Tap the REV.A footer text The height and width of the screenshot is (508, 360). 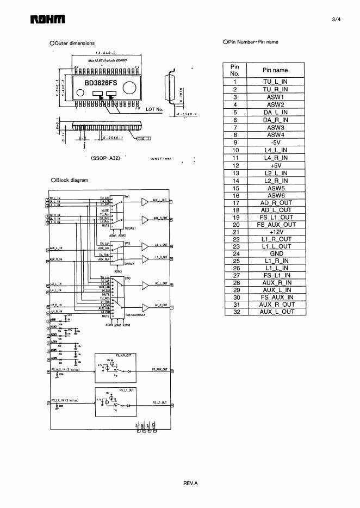click(x=190, y=482)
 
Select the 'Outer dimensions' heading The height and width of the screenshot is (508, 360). click(x=75, y=43)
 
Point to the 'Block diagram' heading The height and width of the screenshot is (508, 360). click(x=72, y=180)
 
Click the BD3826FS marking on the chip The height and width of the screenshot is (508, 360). click(x=101, y=83)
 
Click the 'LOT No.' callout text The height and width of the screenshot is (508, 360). click(x=154, y=109)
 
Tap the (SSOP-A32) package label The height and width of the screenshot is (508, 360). click(x=105, y=158)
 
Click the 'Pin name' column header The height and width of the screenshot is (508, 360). click(x=275, y=70)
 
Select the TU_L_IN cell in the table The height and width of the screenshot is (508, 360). click(x=275, y=82)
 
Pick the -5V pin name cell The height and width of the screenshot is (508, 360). click(x=275, y=143)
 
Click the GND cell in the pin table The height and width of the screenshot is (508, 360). click(x=275, y=253)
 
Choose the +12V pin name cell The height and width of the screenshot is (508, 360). click(x=275, y=231)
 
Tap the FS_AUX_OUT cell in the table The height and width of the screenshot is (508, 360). click(x=275, y=224)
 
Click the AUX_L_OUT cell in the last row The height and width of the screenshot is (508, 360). click(x=275, y=312)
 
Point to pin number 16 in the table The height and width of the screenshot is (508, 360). click(x=235, y=195)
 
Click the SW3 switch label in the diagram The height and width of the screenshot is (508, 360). click(x=127, y=278)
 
